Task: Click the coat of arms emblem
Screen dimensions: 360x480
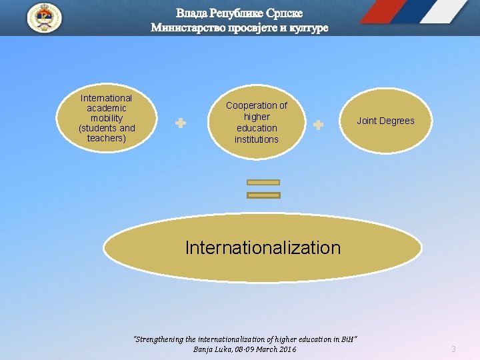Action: click(44, 18)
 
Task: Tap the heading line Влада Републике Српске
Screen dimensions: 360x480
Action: click(239, 13)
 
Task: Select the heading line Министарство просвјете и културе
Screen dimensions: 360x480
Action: click(239, 28)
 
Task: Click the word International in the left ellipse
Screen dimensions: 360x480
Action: click(107, 98)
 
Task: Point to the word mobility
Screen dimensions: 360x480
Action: click(107, 118)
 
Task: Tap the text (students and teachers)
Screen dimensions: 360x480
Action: click(107, 133)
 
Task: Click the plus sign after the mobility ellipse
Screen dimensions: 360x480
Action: click(180, 123)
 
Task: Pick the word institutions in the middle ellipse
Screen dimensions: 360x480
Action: click(257, 139)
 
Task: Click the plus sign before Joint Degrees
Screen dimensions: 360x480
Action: click(318, 125)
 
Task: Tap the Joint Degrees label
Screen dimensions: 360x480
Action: click(385, 121)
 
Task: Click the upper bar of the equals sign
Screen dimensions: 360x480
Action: click(263, 181)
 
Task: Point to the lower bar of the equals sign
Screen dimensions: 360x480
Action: click(263, 195)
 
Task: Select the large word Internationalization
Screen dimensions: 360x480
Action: click(263, 248)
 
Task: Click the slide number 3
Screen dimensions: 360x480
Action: click(453, 349)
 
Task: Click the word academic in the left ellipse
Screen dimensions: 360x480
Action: click(107, 108)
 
